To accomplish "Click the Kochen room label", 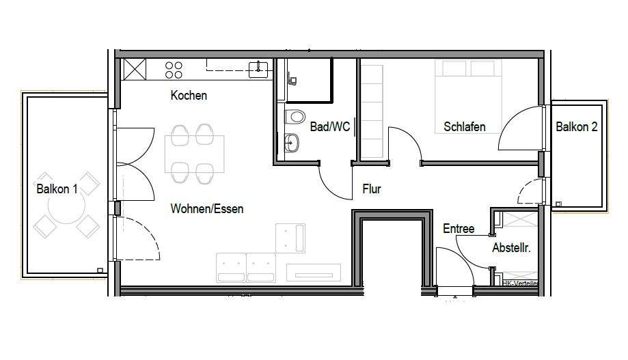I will [189, 96].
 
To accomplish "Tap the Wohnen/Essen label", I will [206, 208].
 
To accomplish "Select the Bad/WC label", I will [329, 126].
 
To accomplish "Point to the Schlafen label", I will [465, 126].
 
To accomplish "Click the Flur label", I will [372, 189].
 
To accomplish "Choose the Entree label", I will [458, 229].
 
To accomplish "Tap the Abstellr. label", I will [511, 249].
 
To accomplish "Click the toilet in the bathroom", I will [295, 117].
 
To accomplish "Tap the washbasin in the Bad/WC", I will [292, 143].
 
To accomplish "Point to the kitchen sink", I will [258, 67].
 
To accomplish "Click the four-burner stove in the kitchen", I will [174, 69].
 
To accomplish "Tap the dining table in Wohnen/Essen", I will [194, 153].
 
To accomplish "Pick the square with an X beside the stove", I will [134, 69].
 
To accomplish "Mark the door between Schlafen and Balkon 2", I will [523, 130].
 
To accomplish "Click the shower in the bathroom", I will [309, 80].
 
